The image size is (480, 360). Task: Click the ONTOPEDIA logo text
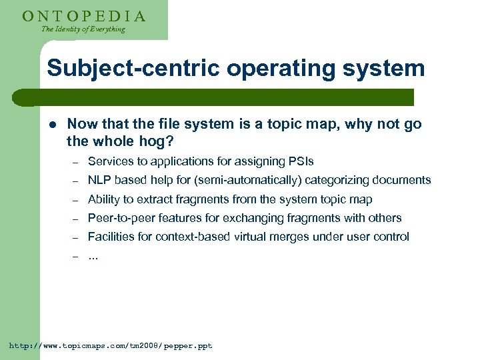(83, 15)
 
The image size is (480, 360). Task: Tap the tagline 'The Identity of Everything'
(83, 29)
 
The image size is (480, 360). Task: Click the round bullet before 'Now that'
(51, 125)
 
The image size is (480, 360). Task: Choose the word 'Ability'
(103, 199)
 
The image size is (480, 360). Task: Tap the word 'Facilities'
(109, 237)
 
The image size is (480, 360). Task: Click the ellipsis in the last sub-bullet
(93, 255)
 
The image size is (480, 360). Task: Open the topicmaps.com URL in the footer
(110, 346)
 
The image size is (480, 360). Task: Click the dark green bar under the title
(220, 97)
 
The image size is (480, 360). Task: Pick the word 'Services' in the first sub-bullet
(109, 161)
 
